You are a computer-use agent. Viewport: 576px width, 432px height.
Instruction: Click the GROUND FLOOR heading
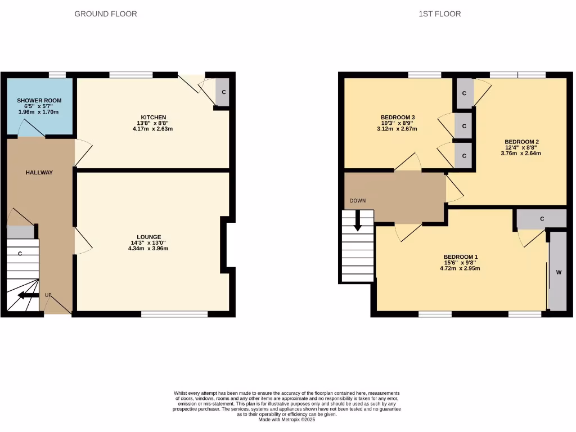tap(105, 13)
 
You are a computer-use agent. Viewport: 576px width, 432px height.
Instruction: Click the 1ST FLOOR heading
tap(439, 13)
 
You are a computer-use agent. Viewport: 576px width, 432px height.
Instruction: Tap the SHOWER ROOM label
tap(39, 101)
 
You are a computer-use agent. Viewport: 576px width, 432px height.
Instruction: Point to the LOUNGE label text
tap(148, 237)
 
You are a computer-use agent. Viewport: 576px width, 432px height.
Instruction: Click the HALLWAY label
tap(39, 173)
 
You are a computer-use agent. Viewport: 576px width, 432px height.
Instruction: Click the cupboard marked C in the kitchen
tap(223, 92)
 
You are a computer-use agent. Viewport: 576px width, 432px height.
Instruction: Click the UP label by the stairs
tap(48, 295)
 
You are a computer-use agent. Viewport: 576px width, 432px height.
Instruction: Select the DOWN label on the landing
tap(358, 200)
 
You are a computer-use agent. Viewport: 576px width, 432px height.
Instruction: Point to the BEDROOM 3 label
tap(398, 118)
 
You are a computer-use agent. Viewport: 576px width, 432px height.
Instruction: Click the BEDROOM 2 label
tap(522, 142)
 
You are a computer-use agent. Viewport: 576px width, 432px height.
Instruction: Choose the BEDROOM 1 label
tap(460, 256)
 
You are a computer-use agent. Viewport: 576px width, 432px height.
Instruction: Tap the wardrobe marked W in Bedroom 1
tap(559, 272)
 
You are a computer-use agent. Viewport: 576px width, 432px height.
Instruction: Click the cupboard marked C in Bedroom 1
tap(542, 219)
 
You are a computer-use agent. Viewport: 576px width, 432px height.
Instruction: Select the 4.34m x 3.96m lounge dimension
tap(148, 248)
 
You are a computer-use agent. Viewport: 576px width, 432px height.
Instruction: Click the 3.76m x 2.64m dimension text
tap(522, 153)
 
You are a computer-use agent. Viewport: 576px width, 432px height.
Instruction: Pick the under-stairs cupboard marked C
tap(20, 254)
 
